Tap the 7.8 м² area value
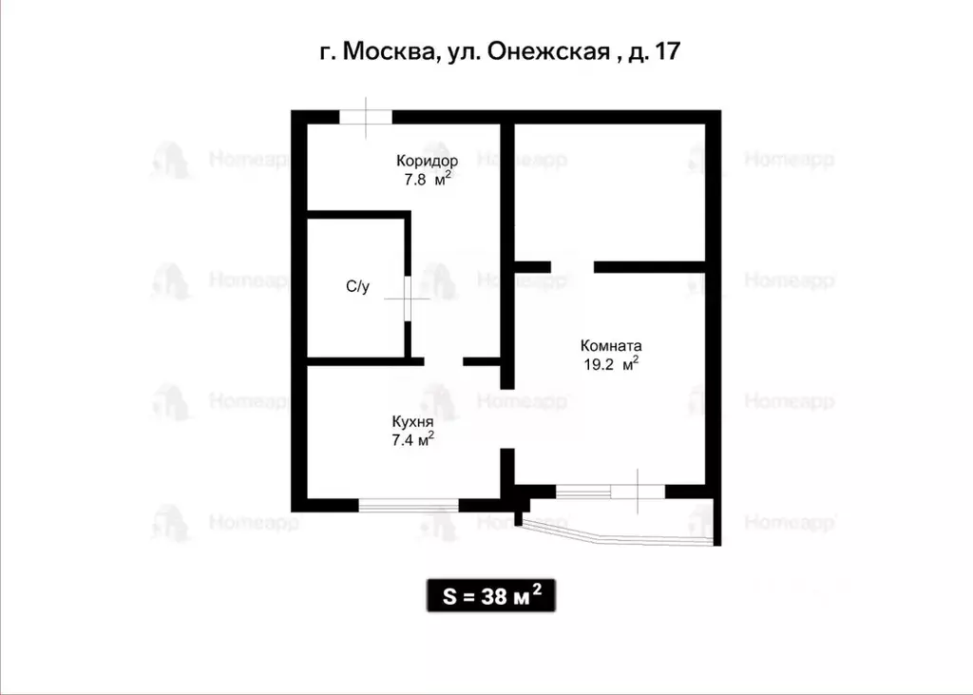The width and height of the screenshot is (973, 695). [427, 178]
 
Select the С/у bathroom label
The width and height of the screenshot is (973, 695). [357, 286]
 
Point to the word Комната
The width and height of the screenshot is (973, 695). [611, 346]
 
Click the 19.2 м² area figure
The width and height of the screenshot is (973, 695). [611, 363]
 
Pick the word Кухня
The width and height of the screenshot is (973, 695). [412, 421]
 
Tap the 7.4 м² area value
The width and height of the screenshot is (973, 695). [412, 438]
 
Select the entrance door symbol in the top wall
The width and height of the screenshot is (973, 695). [366, 117]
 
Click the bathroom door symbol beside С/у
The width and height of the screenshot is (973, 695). [407, 299]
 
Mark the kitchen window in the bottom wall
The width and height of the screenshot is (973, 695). [409, 505]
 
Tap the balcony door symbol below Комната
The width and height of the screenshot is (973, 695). [637, 492]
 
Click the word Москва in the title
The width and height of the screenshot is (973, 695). [390, 51]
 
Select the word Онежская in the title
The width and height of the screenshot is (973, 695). [548, 51]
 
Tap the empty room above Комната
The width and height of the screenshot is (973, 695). [608, 190]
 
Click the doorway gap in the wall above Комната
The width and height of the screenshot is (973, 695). [573, 267]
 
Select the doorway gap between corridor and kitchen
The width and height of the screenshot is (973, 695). [444, 361]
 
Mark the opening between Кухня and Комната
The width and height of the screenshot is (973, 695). [507, 418]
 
